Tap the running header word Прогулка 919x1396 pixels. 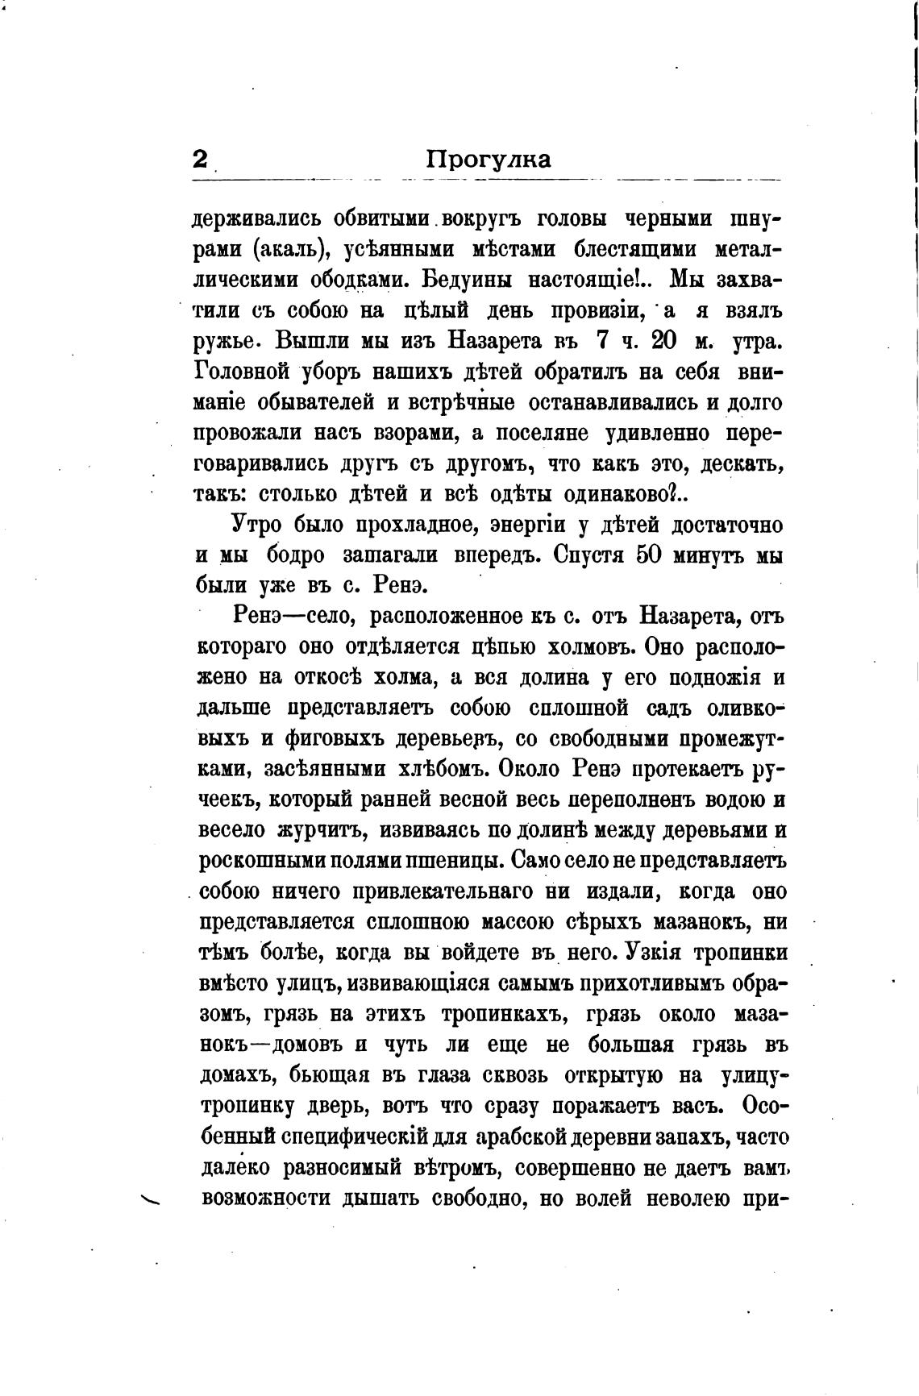tap(489, 160)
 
